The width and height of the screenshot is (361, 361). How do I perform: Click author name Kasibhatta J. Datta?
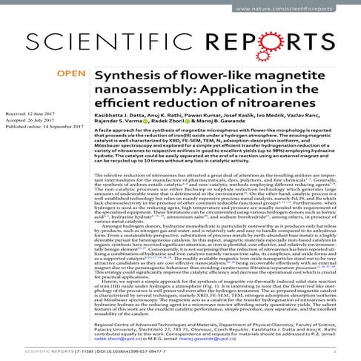pyautogui.click(x=119, y=113)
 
